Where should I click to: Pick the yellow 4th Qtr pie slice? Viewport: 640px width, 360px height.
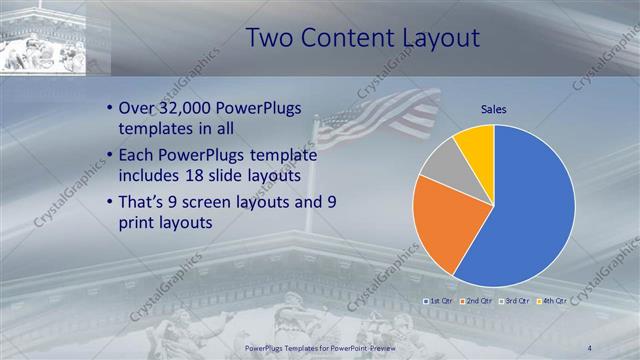pyautogui.click(x=476, y=143)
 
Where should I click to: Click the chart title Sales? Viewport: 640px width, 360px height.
pyautogui.click(x=493, y=108)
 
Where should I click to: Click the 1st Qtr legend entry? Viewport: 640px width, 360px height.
pyautogui.click(x=440, y=300)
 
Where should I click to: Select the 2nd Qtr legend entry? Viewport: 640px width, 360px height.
pyautogui.click(x=478, y=300)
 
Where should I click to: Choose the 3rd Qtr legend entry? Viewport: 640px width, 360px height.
pyautogui.click(x=516, y=300)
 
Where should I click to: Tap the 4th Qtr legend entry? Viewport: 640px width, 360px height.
pyautogui.click(x=553, y=300)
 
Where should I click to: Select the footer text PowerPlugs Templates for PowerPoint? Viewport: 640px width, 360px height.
pyautogui.click(x=321, y=347)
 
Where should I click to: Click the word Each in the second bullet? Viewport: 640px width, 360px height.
pyautogui.click(x=138, y=155)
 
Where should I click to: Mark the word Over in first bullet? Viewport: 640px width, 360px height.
pyautogui.click(x=138, y=108)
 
